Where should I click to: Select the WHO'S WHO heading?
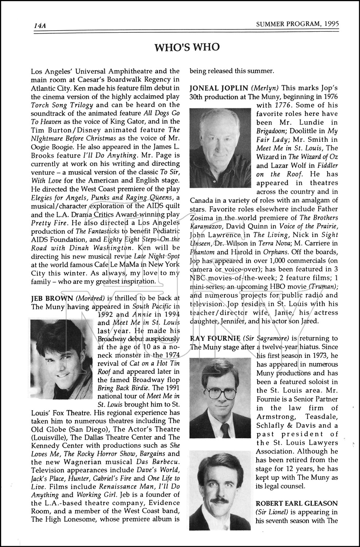point(187,47)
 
